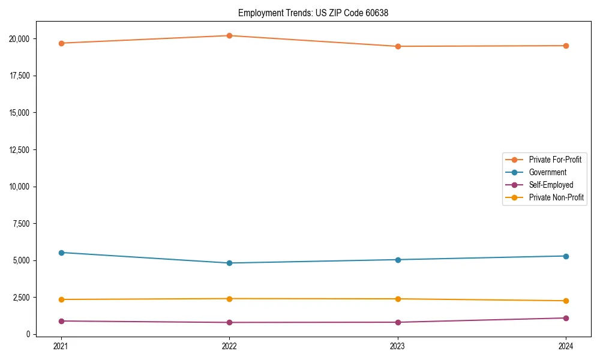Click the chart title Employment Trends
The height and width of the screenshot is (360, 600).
point(313,13)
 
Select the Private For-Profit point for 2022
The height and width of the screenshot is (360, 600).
point(229,35)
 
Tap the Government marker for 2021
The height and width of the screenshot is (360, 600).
point(61,253)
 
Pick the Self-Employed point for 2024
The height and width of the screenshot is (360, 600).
point(566,318)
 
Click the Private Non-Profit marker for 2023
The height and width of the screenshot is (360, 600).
point(398,299)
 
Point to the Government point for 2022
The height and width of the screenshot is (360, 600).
point(229,263)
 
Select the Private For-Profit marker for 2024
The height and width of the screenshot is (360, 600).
point(566,46)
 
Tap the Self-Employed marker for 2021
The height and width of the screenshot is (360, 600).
point(61,321)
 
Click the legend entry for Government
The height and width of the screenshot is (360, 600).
point(547,172)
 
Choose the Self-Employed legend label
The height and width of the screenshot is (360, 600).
point(551,185)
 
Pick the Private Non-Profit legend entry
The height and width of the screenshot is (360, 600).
point(556,197)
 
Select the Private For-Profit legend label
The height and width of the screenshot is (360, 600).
point(555,160)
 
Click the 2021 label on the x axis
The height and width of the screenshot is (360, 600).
point(61,346)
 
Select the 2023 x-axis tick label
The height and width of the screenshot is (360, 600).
point(398,346)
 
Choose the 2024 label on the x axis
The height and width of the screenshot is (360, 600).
point(566,346)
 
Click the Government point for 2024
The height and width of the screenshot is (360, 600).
point(566,256)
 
